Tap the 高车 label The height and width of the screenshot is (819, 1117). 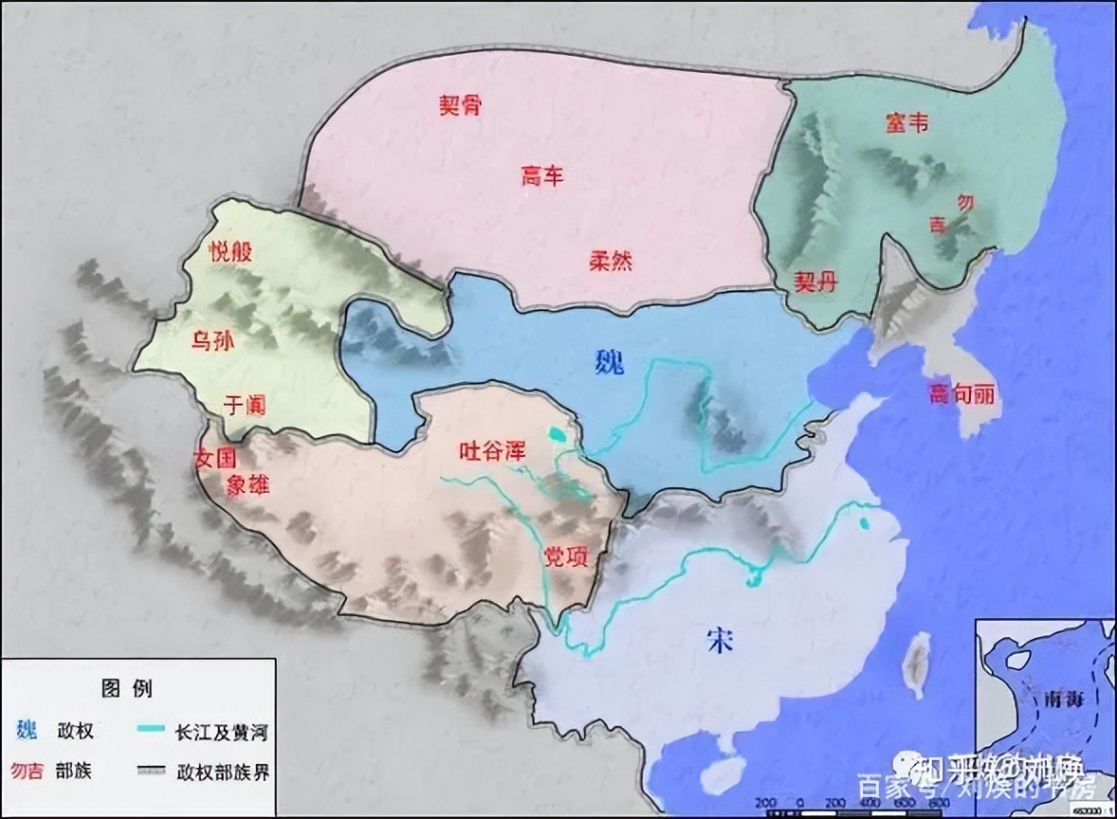[542, 176]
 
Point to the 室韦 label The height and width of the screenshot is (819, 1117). [906, 122]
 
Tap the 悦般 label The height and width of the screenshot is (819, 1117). [231, 250]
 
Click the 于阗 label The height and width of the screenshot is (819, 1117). [243, 405]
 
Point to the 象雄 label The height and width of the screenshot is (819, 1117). [248, 485]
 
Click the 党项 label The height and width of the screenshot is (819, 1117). [566, 556]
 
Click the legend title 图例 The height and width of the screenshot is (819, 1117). [127, 688]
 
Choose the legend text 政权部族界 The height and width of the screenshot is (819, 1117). [223, 771]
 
